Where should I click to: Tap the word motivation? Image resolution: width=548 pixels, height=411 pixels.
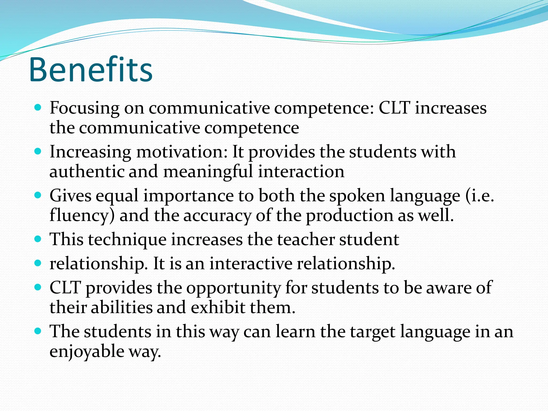tap(182, 152)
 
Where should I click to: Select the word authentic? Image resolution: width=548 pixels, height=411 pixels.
tap(87, 172)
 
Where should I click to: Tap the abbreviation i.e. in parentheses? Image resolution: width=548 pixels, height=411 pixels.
tap(482, 196)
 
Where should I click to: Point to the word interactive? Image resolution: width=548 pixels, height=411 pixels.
tap(251, 264)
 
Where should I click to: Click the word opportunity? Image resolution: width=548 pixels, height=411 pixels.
tap(234, 288)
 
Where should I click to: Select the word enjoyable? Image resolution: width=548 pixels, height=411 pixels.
tap(87, 351)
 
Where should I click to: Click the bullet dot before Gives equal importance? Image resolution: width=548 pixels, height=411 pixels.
tap(38, 195)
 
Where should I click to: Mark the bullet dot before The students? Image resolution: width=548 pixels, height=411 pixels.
tap(38, 331)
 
